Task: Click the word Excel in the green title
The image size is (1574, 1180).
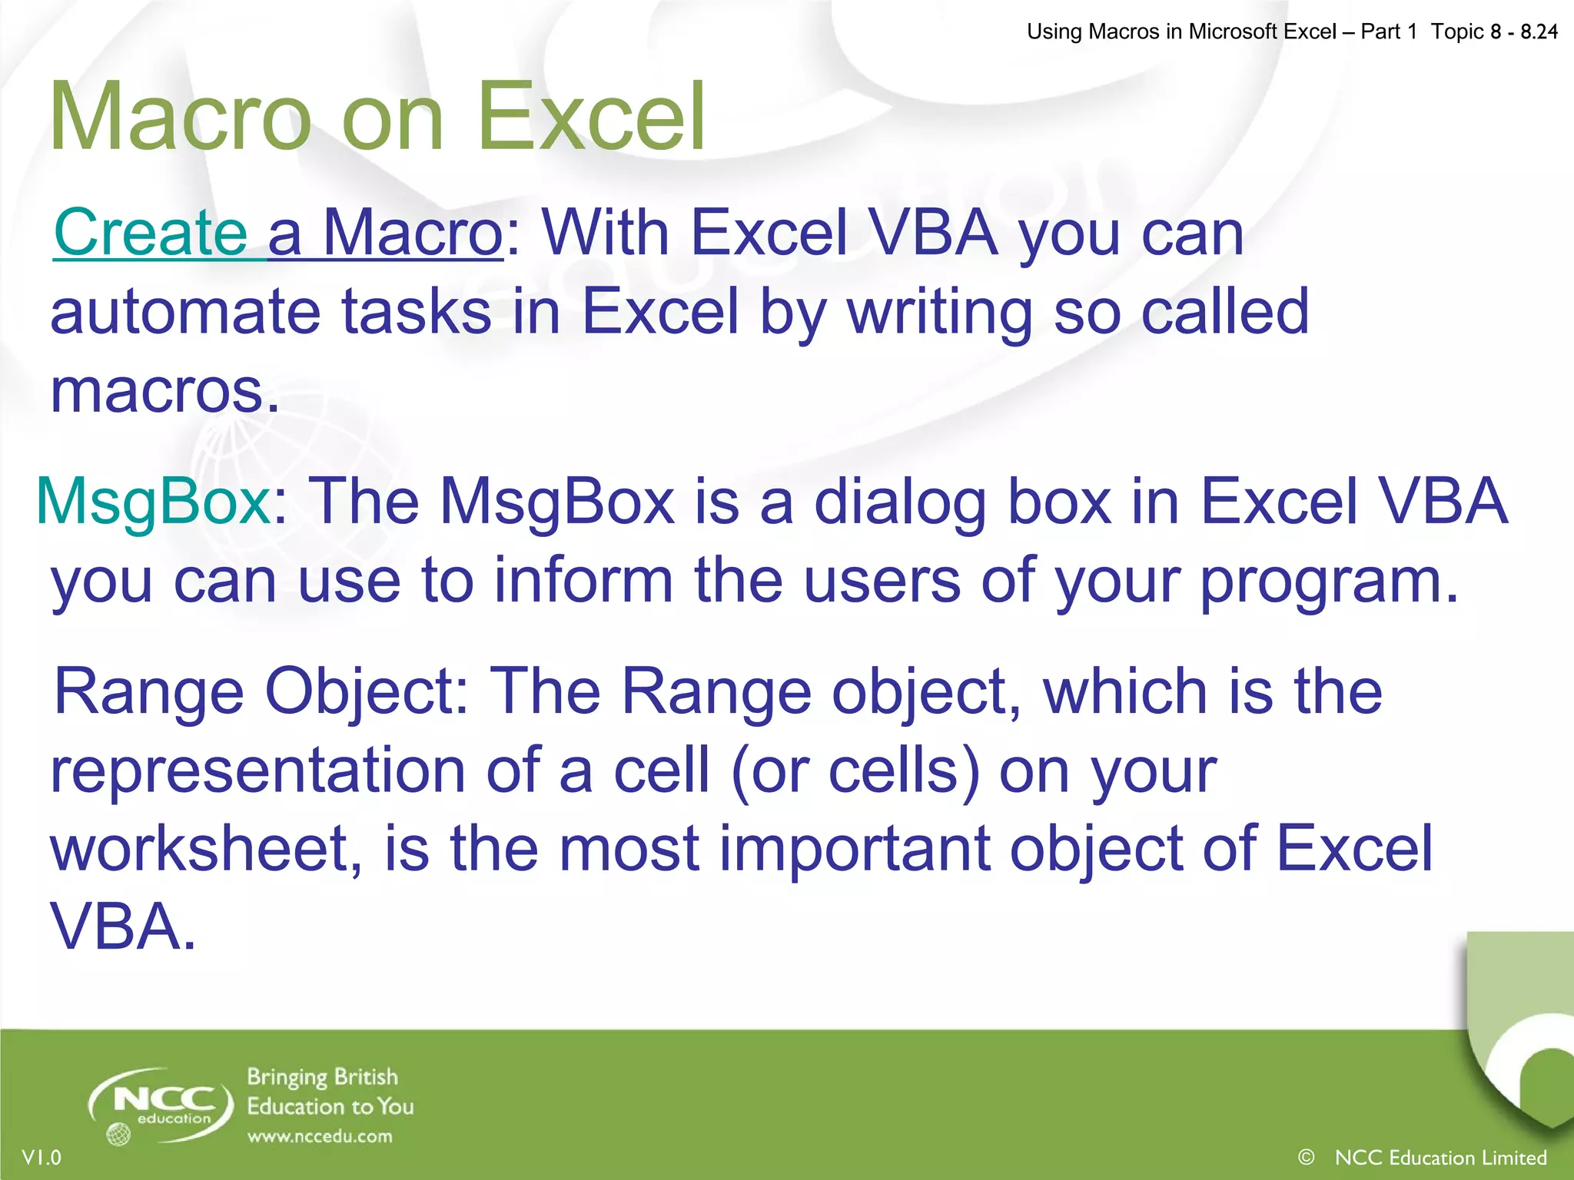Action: coord(590,117)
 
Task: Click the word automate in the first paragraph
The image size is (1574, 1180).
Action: coord(185,312)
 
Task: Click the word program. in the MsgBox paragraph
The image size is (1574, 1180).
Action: coord(1329,582)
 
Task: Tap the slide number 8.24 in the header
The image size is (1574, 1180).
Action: coord(1539,31)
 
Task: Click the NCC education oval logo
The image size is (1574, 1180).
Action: coord(161,1105)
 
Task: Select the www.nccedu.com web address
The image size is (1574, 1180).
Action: coord(320,1137)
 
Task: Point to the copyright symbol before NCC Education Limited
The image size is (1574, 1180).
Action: coord(1305,1157)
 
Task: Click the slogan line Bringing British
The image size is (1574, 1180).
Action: coord(322,1077)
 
